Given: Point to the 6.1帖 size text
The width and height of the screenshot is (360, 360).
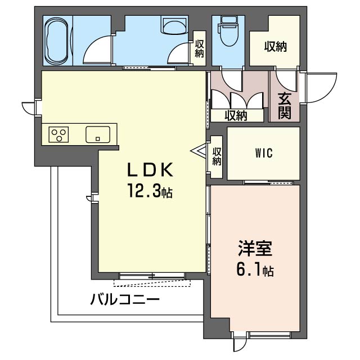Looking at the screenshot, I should [x=255, y=271].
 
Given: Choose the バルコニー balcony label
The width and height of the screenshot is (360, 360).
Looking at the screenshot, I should [x=125, y=299].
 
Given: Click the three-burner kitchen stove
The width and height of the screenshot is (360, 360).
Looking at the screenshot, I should [x=60, y=134].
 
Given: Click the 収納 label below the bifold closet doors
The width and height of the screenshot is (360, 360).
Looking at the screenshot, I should [x=236, y=116].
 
